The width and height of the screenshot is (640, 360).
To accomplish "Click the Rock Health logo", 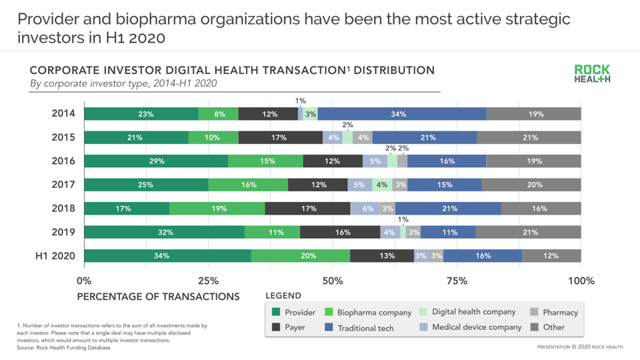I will point(592,74).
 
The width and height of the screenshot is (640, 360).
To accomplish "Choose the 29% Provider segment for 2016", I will point(156,161).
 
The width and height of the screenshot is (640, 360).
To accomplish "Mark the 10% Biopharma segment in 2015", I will point(213,138).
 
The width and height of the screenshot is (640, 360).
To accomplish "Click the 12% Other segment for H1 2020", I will point(551,256).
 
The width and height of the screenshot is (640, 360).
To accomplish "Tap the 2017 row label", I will point(63,185).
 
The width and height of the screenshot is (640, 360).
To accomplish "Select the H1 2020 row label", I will point(55,256).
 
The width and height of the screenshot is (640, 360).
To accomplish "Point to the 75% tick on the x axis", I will point(457,281).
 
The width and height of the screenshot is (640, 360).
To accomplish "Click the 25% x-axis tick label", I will point(208,281).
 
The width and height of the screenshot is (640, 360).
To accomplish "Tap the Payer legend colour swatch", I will point(276,327).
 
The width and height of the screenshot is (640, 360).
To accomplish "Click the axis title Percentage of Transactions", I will point(158,296).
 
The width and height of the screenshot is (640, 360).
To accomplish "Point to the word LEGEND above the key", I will point(283,295).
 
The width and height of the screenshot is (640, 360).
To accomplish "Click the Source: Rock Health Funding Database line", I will point(64,347).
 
